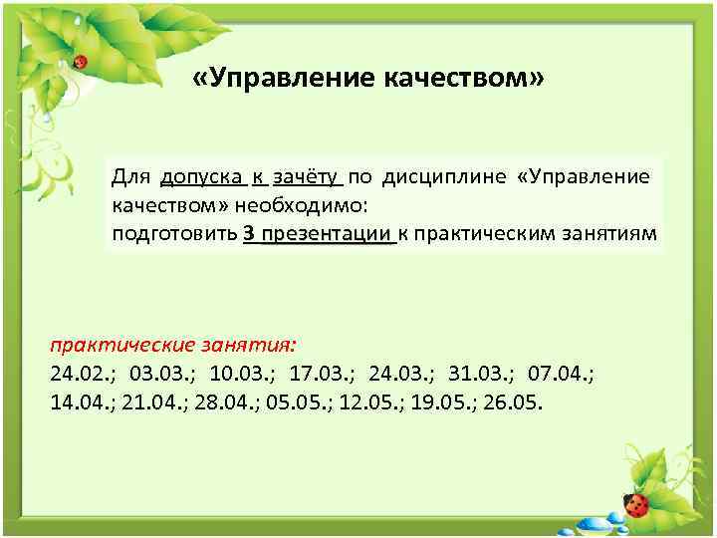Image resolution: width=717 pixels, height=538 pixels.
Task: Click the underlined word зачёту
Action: coord(306,177)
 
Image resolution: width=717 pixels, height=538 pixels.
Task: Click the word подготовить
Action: coord(174,235)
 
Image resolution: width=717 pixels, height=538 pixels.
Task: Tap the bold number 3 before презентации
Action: coord(248,235)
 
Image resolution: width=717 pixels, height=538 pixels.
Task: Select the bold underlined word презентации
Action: coord(325,235)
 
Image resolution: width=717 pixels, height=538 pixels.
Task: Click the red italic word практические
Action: coord(117,347)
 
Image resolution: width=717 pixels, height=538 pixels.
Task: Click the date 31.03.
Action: coord(480,376)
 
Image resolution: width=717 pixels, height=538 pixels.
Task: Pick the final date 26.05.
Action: coord(511,404)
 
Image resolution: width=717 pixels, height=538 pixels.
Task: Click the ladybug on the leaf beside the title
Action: coord(81,62)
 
